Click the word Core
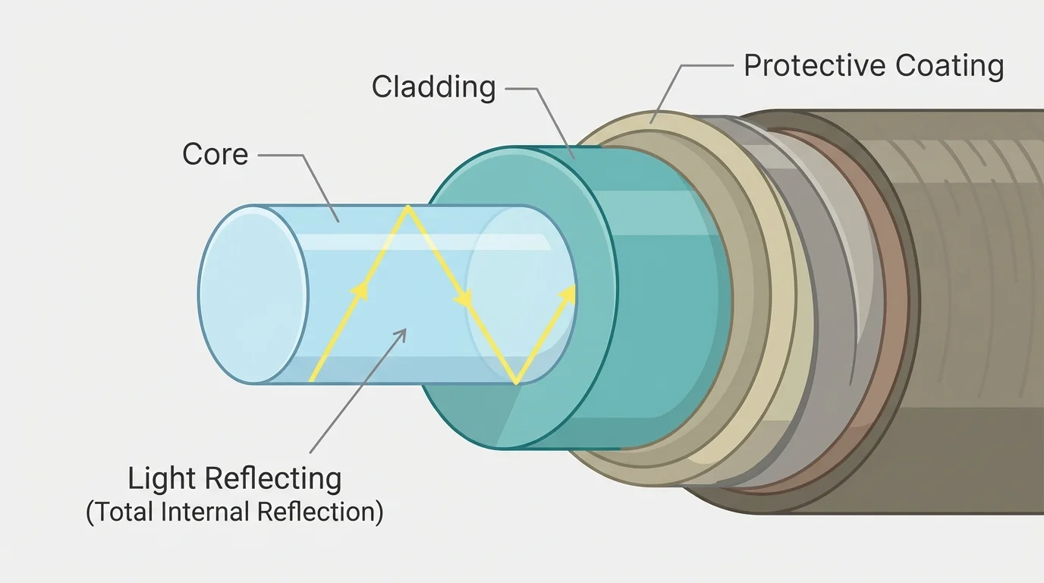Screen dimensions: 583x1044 pos(215,155)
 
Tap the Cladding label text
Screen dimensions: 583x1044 pos(433,87)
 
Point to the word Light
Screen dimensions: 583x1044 pos(163,480)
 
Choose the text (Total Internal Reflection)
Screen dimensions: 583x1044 pos(234,512)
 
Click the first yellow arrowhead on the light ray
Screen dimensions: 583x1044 pos(361,290)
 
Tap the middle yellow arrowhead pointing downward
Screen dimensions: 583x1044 pos(463,301)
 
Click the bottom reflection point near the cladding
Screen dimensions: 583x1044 pos(517,383)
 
